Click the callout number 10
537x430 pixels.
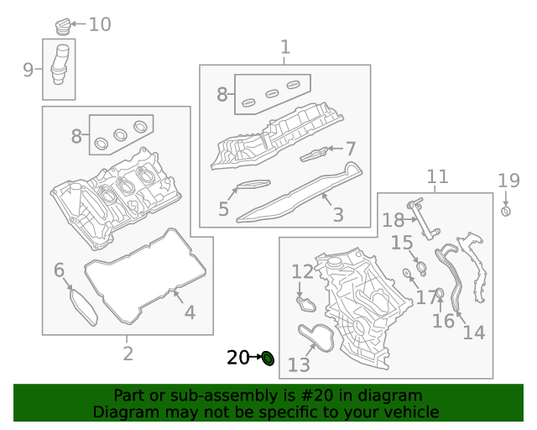(x=100, y=24)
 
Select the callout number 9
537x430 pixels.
(x=28, y=70)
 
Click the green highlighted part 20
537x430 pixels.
(x=268, y=359)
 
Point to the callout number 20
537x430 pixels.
(x=238, y=358)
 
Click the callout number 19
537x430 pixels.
(x=508, y=180)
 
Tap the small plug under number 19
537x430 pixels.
(x=506, y=210)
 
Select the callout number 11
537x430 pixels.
(x=437, y=177)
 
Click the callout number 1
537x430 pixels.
(x=285, y=47)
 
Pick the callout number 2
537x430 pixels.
(x=128, y=354)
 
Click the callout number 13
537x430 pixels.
(x=299, y=364)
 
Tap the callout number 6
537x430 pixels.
(x=59, y=270)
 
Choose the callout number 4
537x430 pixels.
(x=190, y=313)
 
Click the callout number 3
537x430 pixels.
(x=338, y=216)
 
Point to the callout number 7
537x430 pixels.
(x=351, y=149)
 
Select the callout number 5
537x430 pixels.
(x=223, y=209)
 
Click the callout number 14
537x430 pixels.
(x=474, y=333)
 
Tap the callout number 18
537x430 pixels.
(x=393, y=220)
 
